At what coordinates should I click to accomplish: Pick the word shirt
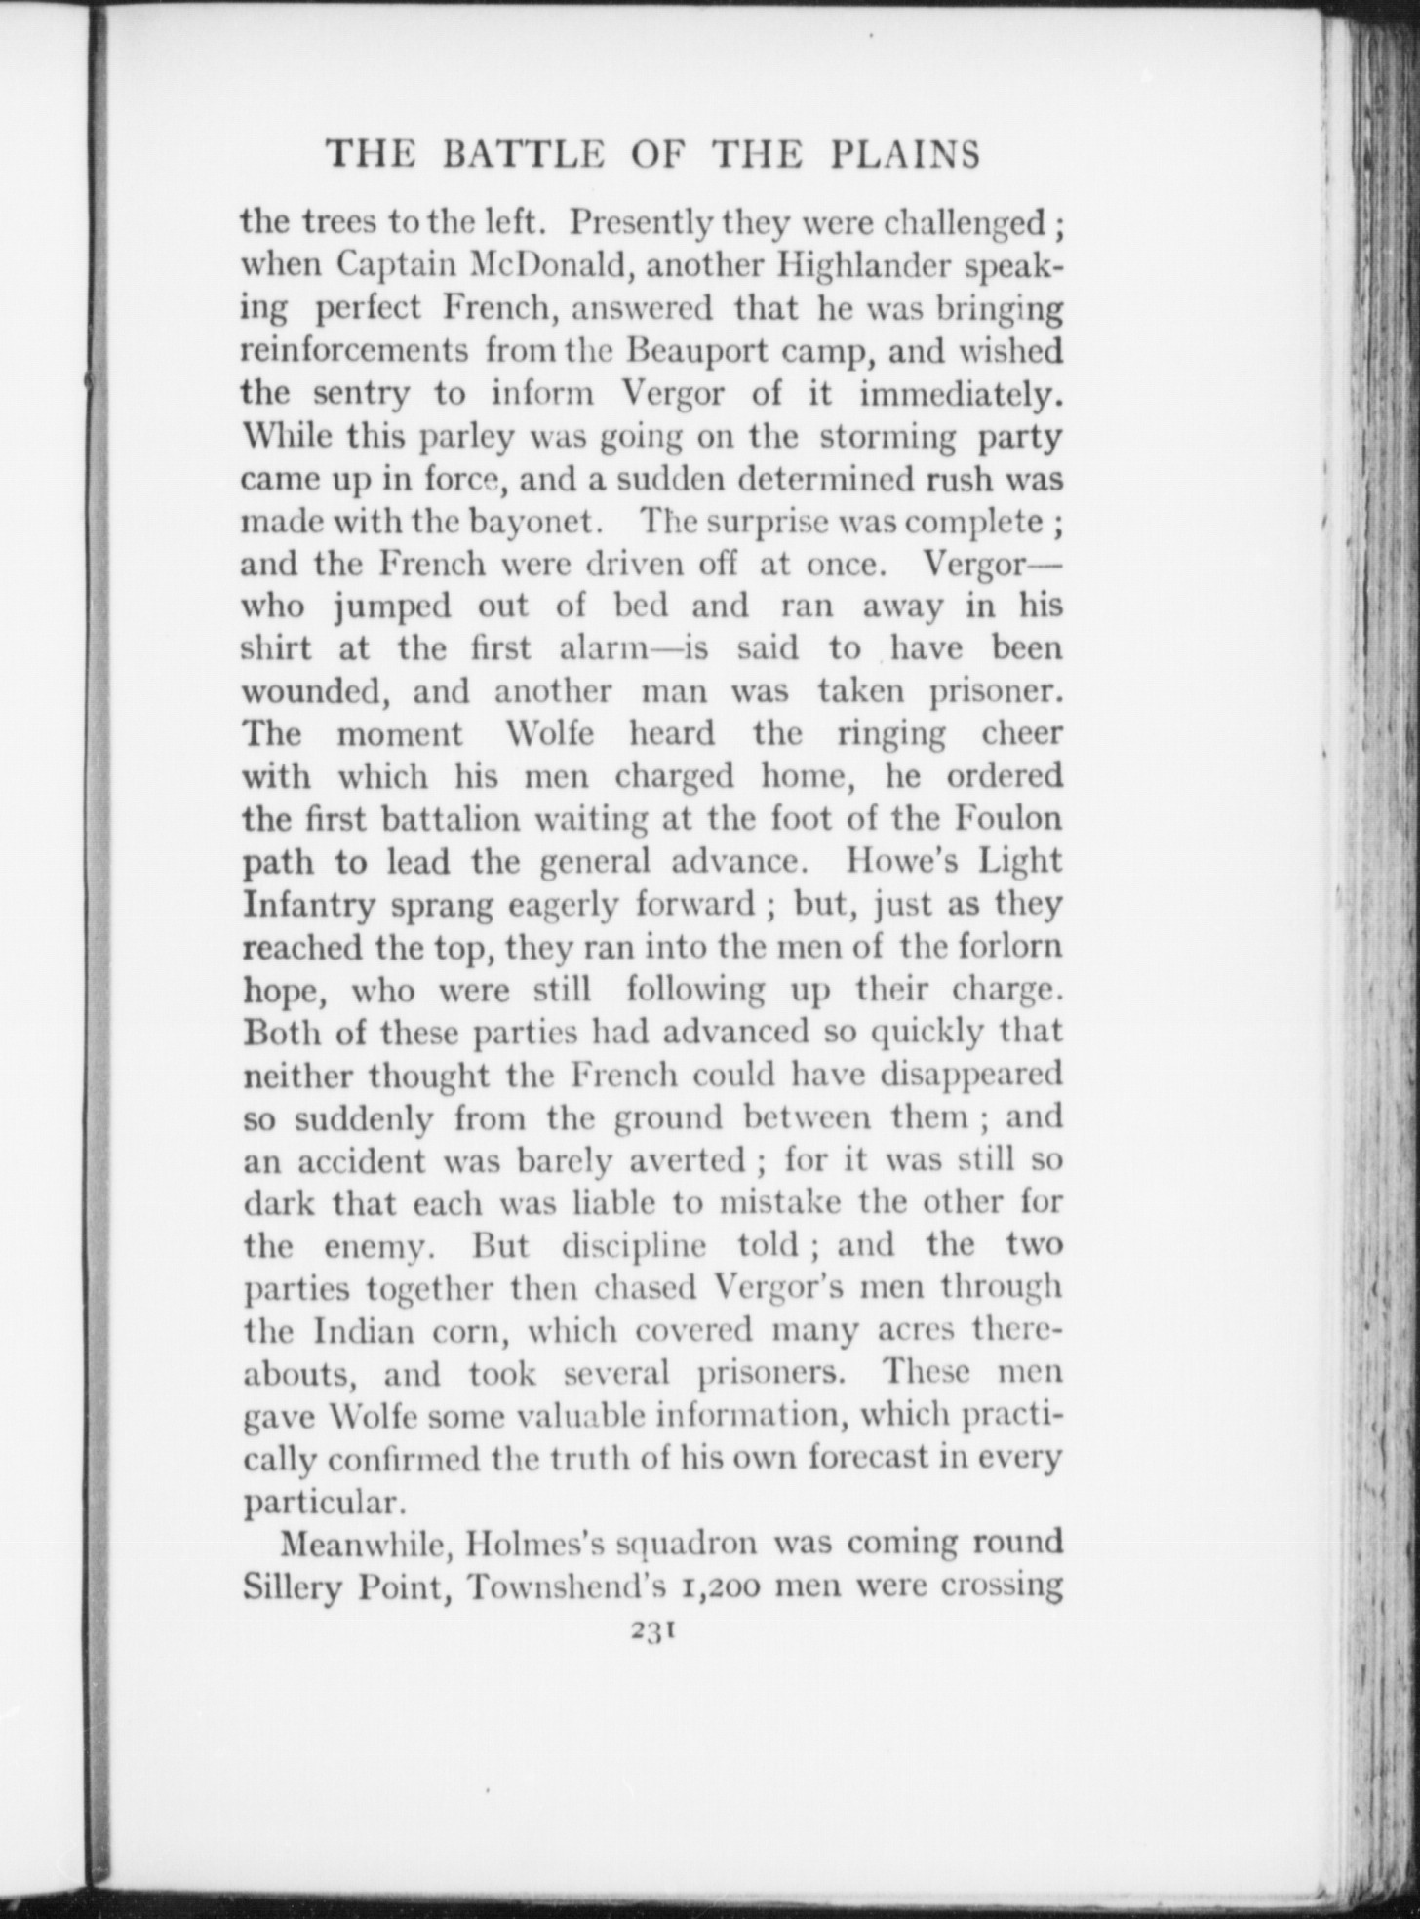[276, 649]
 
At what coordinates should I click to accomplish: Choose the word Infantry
[308, 906]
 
